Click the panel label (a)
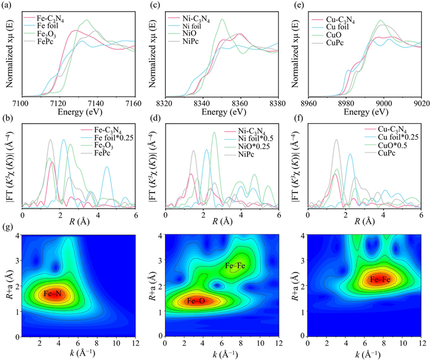coord(10,6)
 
